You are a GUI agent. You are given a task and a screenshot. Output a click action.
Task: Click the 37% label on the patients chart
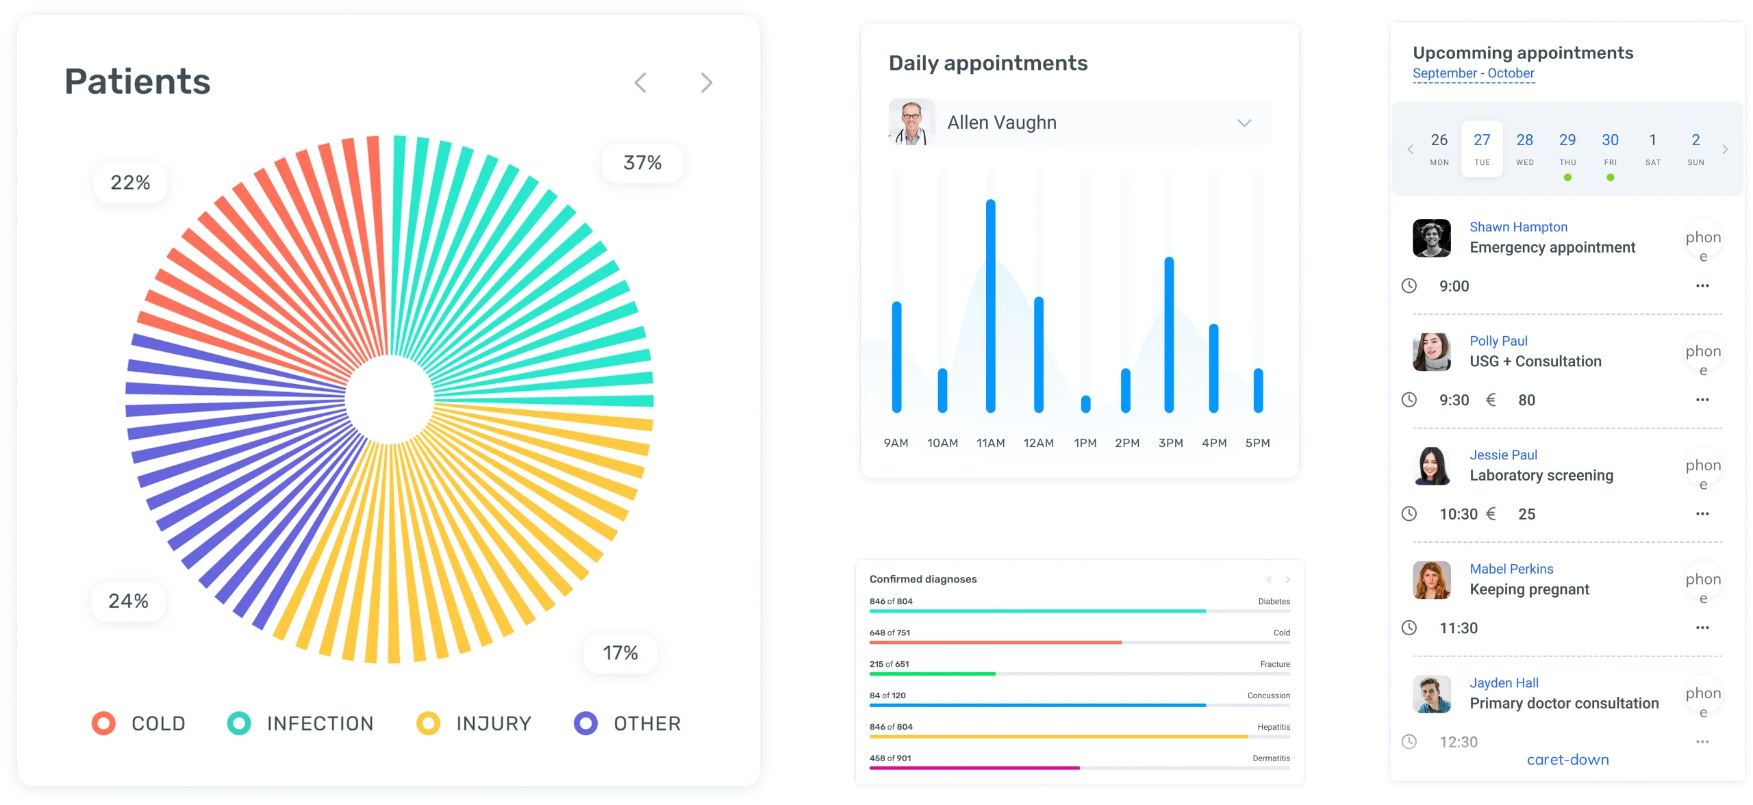pyautogui.click(x=642, y=163)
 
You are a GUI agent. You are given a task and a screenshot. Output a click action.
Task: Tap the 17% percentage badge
pyautogui.click(x=620, y=653)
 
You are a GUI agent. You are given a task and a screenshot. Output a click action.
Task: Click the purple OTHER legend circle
pyautogui.click(x=585, y=724)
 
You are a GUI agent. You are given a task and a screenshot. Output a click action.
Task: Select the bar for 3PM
pyautogui.click(x=1169, y=335)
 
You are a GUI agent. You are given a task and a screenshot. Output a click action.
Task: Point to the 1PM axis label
pyautogui.click(x=1085, y=443)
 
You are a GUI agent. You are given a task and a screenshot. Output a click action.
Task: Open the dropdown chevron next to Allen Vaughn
pyautogui.click(x=1244, y=123)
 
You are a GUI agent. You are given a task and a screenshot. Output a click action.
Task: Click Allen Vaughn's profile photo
pyautogui.click(x=911, y=123)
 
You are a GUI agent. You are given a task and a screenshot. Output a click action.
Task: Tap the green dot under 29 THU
pyautogui.click(x=1567, y=178)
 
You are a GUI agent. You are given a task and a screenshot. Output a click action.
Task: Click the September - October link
pyautogui.click(x=1473, y=73)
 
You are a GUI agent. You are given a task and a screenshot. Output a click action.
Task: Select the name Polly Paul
pyautogui.click(x=1498, y=341)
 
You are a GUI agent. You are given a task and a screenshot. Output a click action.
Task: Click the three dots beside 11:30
pyautogui.click(x=1702, y=628)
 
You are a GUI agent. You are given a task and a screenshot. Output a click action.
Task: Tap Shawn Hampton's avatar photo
pyautogui.click(x=1431, y=238)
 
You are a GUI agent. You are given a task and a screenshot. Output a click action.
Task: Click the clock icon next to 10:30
pyautogui.click(x=1409, y=513)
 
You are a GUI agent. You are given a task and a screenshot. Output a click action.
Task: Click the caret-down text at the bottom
pyautogui.click(x=1567, y=760)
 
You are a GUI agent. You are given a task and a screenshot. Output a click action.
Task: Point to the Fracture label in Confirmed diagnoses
pyautogui.click(x=1274, y=664)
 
